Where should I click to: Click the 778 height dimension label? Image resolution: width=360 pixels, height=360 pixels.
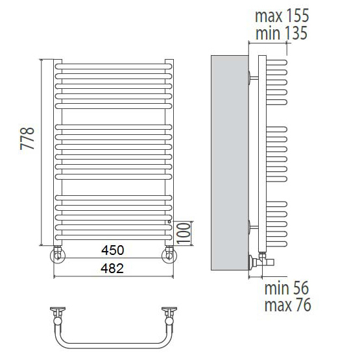click(x=27, y=138)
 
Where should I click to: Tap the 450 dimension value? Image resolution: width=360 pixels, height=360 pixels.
click(x=112, y=250)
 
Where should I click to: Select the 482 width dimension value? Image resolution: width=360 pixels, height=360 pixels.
click(x=112, y=268)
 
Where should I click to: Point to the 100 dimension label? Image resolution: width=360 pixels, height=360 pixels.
click(x=184, y=233)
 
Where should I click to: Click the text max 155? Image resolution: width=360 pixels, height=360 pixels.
click(x=282, y=16)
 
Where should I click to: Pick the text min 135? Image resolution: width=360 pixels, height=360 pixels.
click(x=282, y=33)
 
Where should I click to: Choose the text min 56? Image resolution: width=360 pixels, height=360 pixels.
click(x=287, y=288)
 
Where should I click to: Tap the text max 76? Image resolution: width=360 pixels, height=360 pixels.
click(x=288, y=305)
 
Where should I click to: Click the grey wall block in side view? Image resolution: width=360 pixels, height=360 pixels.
click(x=230, y=163)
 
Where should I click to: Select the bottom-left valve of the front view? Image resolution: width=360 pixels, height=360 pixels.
click(x=58, y=254)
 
